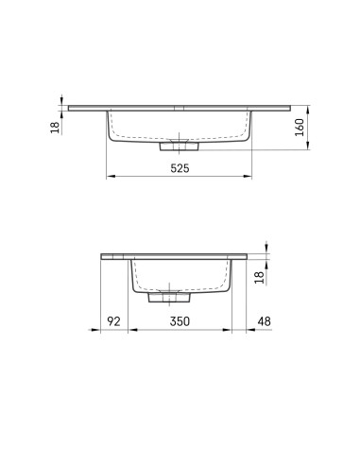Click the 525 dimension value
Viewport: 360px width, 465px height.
[x=180, y=168]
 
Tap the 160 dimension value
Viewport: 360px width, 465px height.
[x=300, y=128]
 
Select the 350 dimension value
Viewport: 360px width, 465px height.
[x=180, y=321]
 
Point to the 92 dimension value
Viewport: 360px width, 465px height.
[x=113, y=321]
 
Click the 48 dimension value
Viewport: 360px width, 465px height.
[x=264, y=321]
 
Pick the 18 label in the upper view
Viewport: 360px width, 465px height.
[x=55, y=128]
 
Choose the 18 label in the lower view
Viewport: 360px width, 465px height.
[x=259, y=278]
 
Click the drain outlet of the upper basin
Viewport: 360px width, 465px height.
[x=179, y=146]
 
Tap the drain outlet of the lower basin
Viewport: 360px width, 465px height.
[x=169, y=297]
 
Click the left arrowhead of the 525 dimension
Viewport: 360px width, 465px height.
[x=110, y=177]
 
